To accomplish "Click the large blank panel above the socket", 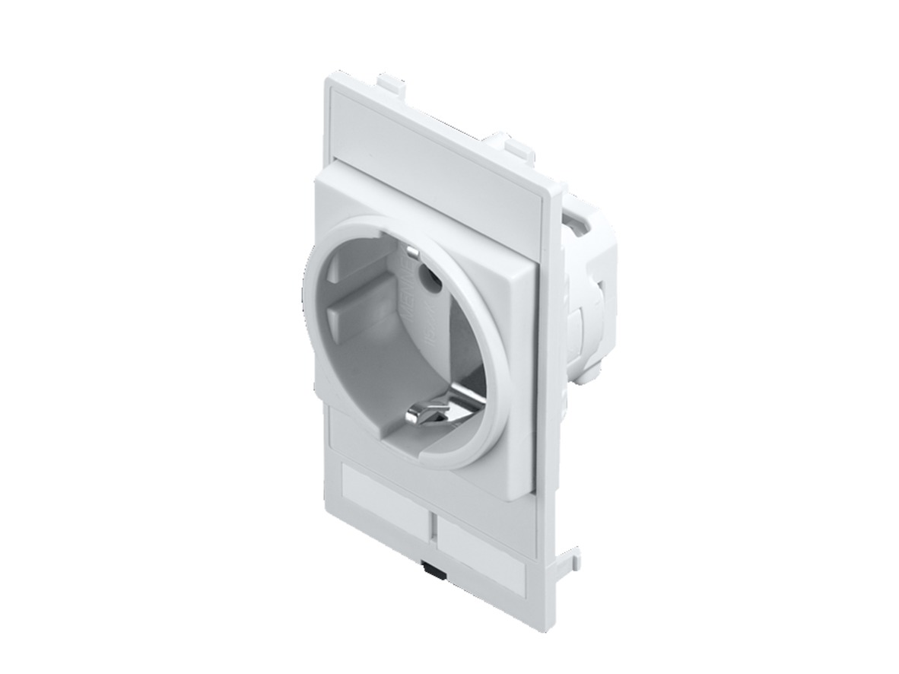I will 437,145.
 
